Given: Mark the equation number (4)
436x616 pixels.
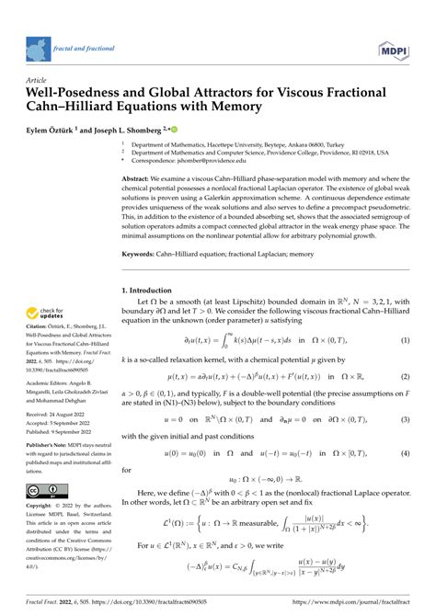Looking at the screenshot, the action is [405, 480].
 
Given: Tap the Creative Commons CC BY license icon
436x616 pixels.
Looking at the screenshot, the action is [43, 491].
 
